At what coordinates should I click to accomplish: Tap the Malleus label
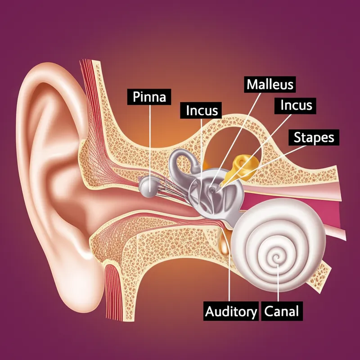click(x=270, y=84)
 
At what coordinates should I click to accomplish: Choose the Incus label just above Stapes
click(x=296, y=105)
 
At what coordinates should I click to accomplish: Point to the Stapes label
click(x=314, y=137)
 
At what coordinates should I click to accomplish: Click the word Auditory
click(x=231, y=311)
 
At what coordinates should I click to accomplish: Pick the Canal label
click(x=282, y=311)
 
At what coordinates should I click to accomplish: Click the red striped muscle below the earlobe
click(x=112, y=292)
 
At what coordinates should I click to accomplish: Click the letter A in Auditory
click(x=210, y=311)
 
